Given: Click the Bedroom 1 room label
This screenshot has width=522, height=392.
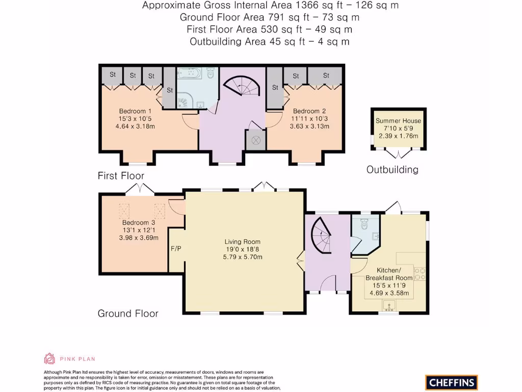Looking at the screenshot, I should (135, 111).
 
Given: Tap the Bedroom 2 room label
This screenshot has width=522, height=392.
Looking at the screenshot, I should (309, 111).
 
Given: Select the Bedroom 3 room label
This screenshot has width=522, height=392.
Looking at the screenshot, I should (138, 223).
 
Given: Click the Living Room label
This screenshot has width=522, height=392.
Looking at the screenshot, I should (242, 242).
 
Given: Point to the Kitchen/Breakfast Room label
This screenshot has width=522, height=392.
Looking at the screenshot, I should (389, 274).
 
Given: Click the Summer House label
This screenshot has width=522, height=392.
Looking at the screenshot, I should (398, 121).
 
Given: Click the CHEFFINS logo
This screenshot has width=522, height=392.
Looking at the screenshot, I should (451, 382).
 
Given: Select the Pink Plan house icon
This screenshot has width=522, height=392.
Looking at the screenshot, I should (49, 358).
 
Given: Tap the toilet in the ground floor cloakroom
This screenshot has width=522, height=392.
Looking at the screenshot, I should (364, 224).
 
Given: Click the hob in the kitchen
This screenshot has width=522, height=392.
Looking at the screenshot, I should (421, 274).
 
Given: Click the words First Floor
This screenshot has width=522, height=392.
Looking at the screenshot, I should (121, 176).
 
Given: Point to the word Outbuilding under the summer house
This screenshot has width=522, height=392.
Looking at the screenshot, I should (392, 169).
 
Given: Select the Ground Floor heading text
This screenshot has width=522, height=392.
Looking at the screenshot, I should (128, 313).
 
